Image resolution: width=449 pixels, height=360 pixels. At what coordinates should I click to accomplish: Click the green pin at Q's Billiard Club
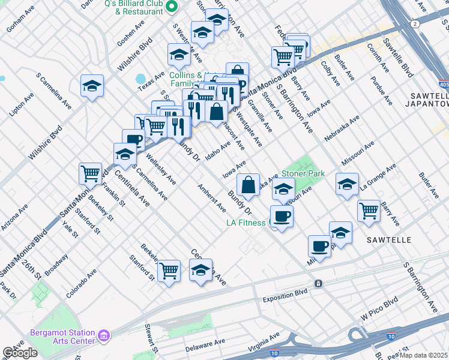pos(171,7)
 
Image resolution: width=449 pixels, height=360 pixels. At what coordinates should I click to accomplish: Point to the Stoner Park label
pos(303,173)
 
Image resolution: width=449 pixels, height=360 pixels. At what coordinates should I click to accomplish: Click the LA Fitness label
pos(246,223)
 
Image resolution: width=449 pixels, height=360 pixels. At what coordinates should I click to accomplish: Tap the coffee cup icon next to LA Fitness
pos(281,216)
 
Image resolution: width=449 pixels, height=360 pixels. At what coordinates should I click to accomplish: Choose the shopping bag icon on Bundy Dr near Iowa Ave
pos(248,184)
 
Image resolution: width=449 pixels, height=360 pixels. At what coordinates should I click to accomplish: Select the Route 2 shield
pos(415,23)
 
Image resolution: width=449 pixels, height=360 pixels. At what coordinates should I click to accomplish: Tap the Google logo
pos(20,353)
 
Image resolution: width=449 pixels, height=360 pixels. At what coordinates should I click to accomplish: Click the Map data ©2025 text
pos(424,355)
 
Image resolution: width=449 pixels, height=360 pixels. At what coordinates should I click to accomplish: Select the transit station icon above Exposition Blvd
pos(318,283)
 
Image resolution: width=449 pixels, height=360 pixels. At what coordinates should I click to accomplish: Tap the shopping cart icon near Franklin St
pos(90,173)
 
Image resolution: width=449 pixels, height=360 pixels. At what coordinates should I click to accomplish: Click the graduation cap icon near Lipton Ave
pos(92,85)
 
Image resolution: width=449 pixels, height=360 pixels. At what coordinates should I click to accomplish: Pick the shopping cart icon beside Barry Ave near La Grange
pos(369,210)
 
